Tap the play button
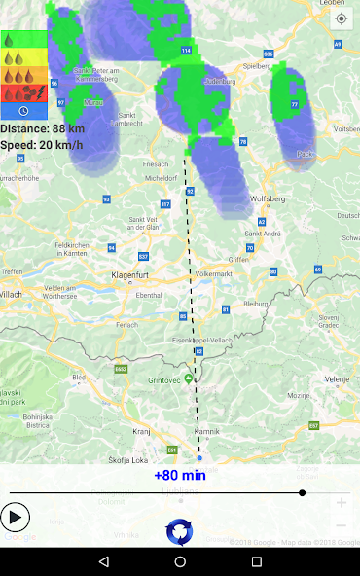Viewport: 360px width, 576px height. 16,517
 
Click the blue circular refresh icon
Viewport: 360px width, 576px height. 180,531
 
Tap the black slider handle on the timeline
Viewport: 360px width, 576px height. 302,493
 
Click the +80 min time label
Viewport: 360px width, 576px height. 180,476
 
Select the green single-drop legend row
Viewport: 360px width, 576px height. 23,41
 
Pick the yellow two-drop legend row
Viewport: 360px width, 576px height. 23,58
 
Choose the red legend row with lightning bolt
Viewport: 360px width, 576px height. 23,94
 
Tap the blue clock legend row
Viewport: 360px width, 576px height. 23,112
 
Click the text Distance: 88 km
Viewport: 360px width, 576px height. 42,128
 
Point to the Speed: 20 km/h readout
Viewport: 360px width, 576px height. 41,145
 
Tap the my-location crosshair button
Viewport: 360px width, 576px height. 341,18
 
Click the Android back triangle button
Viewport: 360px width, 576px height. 103,561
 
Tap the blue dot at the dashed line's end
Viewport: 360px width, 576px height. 199,457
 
